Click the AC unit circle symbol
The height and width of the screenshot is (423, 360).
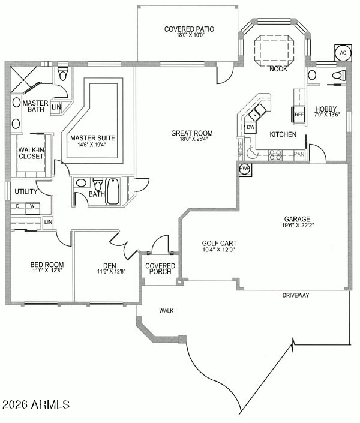[x=343, y=53]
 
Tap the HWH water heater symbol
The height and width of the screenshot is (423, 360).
[x=245, y=169]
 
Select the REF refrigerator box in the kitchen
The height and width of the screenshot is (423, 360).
[x=298, y=115]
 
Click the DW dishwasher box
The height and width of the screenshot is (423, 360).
[x=251, y=127]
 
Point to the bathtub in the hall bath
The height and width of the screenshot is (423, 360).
[x=113, y=191]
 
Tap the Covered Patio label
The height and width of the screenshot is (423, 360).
[x=189, y=29]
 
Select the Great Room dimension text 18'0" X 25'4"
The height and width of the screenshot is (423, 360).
[x=191, y=139]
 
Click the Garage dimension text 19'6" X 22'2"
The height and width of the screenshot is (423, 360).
[x=298, y=225]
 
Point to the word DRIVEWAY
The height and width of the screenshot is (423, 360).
[x=296, y=295]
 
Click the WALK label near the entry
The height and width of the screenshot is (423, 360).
[x=166, y=311]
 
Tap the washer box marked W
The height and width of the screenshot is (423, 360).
[x=32, y=208]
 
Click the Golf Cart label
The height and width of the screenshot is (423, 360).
[x=219, y=243]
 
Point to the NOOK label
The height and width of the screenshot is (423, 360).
[x=278, y=69]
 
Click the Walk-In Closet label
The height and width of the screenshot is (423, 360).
[x=31, y=153]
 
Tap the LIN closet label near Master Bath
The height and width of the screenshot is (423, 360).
[x=56, y=107]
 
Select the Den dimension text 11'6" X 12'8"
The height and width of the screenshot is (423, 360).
[x=111, y=272]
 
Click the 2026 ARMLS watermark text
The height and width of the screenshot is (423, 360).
[x=36, y=404]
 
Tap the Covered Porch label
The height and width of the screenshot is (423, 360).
[x=160, y=269]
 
